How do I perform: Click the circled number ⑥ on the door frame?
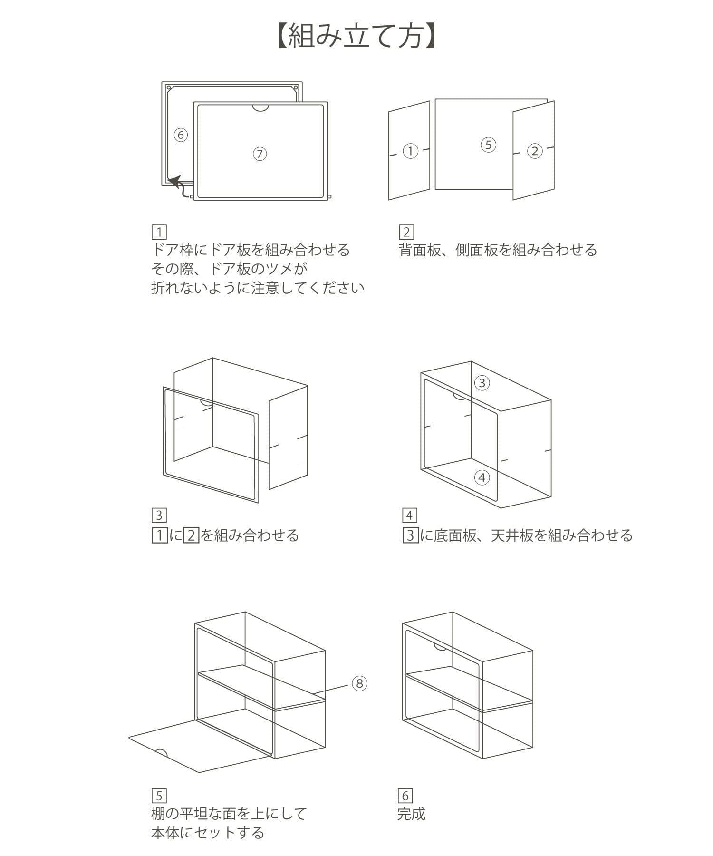180,135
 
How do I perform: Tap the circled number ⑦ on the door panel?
260,154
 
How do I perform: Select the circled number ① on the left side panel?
410,151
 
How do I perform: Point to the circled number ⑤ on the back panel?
488,145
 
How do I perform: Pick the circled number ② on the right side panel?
535,151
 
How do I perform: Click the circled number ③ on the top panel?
482,383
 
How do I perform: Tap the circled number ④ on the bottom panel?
482,477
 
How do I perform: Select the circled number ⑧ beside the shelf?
359,683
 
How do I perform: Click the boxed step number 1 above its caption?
159,233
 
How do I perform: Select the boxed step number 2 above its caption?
406,233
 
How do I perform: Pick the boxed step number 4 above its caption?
409,516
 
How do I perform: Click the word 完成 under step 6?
412,814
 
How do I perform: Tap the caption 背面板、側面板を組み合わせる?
498,250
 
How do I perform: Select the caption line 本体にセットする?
208,833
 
